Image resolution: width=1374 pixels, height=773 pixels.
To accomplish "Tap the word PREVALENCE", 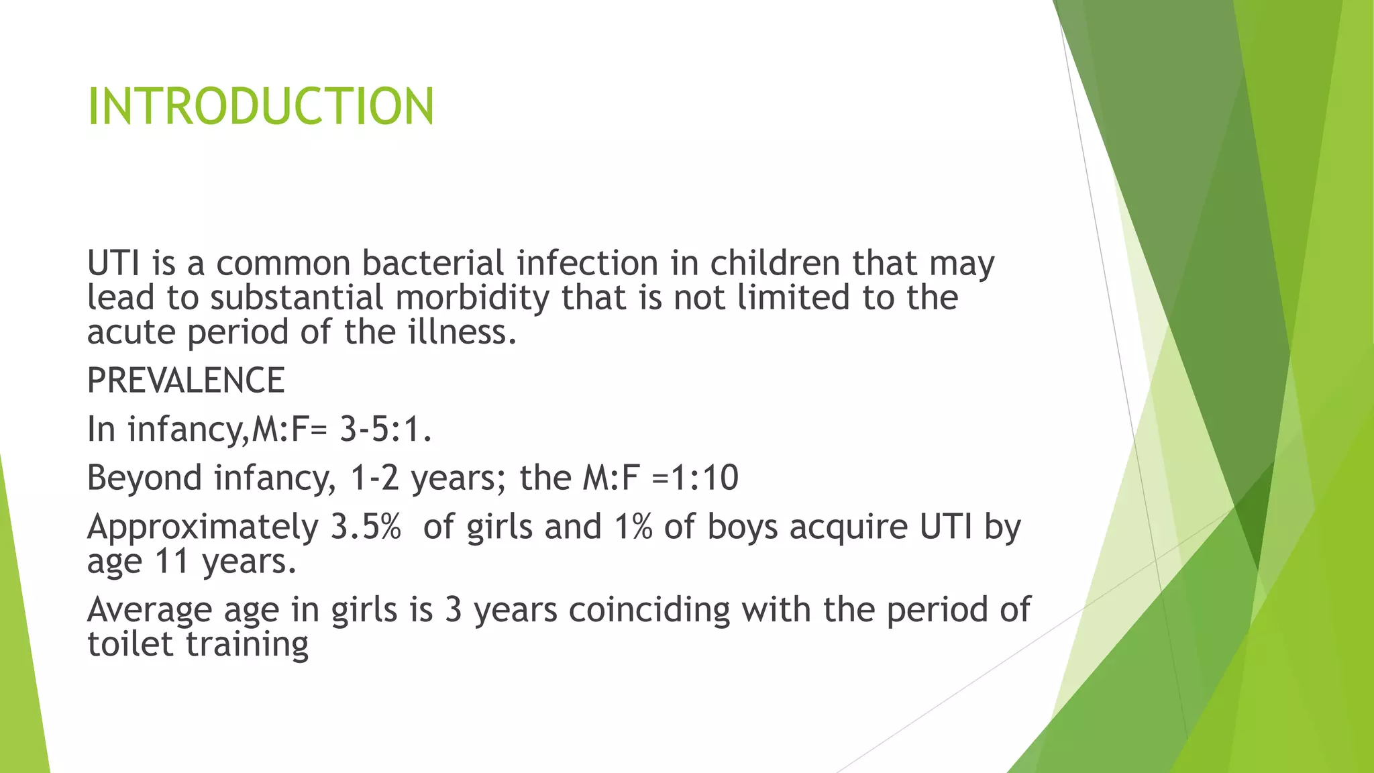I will [x=186, y=380].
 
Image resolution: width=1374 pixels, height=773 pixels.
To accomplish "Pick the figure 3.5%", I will [x=366, y=527].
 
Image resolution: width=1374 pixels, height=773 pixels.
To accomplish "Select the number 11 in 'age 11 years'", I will [x=171, y=561].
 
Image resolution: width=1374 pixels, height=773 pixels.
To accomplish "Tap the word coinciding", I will [x=649, y=610].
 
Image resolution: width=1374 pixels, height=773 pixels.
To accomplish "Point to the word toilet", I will [x=130, y=643].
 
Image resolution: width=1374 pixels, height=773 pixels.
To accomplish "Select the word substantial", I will [x=297, y=297].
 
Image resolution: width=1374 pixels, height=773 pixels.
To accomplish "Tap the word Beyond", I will [x=144, y=478].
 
